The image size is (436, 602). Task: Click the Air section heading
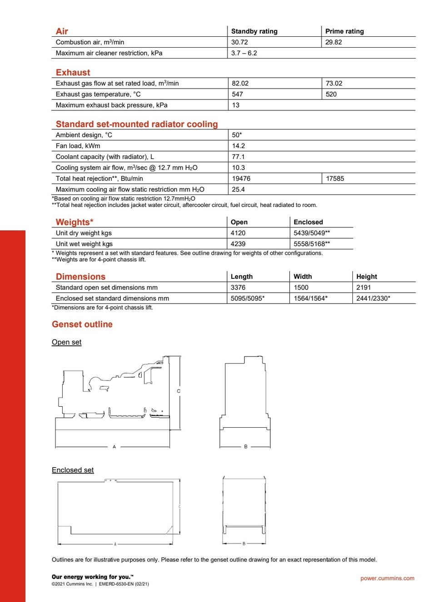[62, 31]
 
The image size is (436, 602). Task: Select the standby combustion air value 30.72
[239, 42]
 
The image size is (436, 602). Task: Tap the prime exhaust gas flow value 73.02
[334, 84]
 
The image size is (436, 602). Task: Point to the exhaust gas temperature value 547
[237, 94]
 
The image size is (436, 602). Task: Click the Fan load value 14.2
[238, 146]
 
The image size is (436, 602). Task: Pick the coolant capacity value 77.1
[238, 157]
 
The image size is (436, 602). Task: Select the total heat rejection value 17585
[335, 179]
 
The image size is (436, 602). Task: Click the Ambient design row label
[84, 135]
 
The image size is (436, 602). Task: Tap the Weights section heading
[74, 222]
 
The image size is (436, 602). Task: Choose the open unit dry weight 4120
[238, 233]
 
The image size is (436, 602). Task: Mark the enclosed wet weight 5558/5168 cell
[312, 244]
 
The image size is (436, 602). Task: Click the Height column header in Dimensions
[367, 276]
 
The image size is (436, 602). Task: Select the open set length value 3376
[238, 288]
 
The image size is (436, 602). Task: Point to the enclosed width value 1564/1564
[310, 299]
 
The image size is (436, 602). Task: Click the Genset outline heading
[82, 324]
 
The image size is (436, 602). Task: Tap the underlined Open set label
[67, 342]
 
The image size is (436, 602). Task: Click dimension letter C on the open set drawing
[178, 391]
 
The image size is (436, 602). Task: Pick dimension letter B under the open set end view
[246, 447]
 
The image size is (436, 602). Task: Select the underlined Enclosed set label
[73, 470]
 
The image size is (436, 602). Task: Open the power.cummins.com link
[387, 578]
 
